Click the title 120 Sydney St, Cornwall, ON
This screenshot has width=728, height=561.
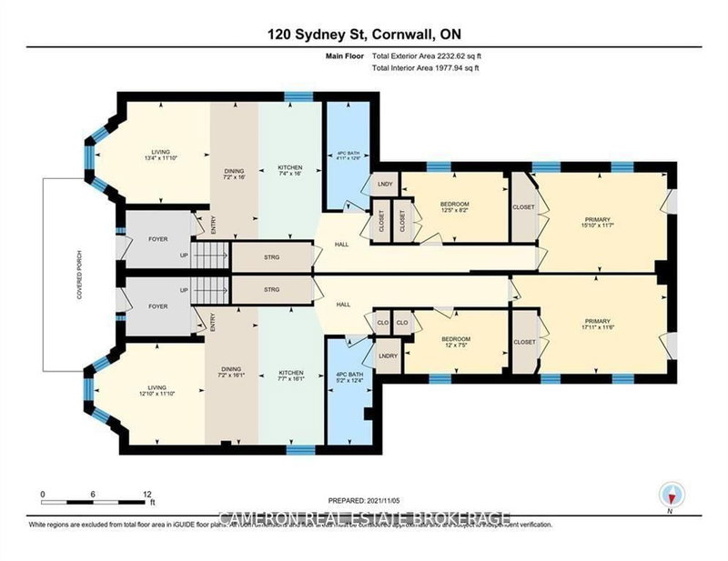364,35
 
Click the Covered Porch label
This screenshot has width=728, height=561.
79,275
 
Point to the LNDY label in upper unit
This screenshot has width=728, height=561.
383,185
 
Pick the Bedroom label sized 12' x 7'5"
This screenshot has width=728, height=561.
454,338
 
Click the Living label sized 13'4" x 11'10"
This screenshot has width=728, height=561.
159,155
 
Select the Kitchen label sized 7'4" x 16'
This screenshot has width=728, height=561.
290,172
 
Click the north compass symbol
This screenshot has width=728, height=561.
670,494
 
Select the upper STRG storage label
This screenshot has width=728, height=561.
270,258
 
